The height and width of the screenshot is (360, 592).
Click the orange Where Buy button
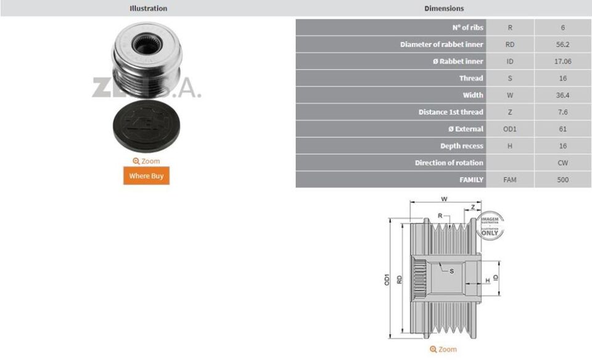pos(146,176)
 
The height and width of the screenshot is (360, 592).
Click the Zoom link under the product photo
pos(146,161)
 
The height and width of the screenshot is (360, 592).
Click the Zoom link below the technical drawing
pos(443,349)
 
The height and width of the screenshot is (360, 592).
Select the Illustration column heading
pos(148,8)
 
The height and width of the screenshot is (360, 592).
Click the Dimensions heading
pos(444,8)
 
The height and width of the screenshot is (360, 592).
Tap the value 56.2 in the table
pos(562,44)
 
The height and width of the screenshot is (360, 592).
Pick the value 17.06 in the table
pos(562,61)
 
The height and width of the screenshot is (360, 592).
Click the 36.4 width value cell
pos(562,95)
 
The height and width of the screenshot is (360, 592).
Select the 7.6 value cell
pos(562,112)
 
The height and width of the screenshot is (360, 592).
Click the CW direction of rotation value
pos(562,163)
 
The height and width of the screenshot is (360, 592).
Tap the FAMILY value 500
pos(562,180)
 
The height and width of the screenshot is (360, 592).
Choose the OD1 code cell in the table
pos(509,129)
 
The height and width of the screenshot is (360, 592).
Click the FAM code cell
pos(509,180)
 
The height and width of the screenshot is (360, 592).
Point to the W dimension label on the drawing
pos(444,199)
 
